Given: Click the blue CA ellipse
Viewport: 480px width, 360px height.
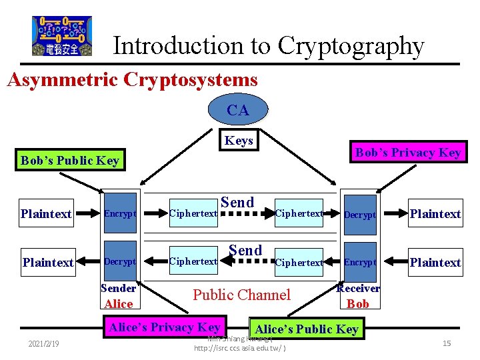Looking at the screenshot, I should (238, 110).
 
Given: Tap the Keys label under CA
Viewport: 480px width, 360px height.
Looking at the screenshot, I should (239, 140).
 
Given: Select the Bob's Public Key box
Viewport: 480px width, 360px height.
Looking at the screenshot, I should (70, 160).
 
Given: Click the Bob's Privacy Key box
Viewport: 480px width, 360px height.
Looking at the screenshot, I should (408, 152).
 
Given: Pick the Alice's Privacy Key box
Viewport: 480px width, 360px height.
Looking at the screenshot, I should (165, 327).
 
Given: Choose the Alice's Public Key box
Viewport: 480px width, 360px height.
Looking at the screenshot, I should (307, 329).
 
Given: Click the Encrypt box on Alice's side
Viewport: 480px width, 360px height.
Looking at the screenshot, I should (120, 213).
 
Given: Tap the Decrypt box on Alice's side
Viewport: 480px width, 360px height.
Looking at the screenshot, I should (120, 262).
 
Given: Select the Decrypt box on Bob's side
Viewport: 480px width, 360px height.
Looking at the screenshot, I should (360, 215).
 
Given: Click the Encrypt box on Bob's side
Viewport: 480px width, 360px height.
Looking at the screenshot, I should (360, 262).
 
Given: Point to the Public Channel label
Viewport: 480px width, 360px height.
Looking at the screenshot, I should (241, 295).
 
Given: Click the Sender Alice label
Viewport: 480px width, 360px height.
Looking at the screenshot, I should (119, 296).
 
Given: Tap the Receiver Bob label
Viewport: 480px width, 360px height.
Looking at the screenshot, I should (358, 296).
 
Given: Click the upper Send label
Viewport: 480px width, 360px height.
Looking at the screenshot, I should (237, 202).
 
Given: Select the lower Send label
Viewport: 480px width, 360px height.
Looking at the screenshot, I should (245, 250).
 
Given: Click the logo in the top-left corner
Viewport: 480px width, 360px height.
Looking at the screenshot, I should (62, 36).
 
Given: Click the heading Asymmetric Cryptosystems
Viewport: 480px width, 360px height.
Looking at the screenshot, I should (132, 80).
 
